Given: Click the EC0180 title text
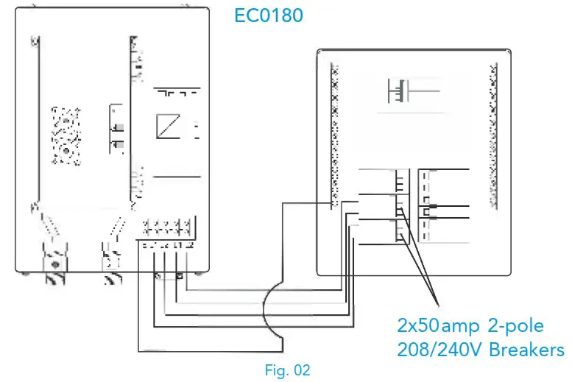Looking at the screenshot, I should coord(268,15).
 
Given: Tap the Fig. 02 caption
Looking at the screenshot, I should coord(287,370).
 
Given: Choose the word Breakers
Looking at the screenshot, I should coord(527,349).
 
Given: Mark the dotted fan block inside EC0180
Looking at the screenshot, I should coord(66,134).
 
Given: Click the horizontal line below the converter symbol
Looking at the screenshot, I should coord(177,177).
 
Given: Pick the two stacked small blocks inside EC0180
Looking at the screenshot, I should coord(116,129).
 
